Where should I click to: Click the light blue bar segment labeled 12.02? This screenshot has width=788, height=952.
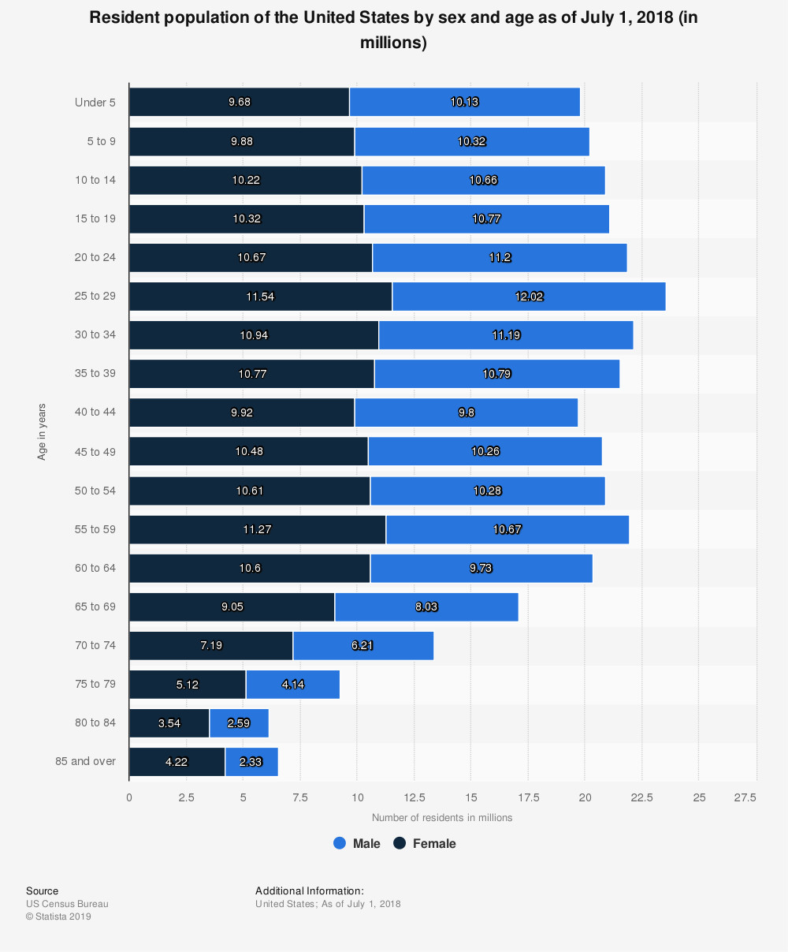[x=528, y=297]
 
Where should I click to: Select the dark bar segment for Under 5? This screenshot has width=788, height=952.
[x=239, y=102]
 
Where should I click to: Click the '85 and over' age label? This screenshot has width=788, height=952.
[x=86, y=761]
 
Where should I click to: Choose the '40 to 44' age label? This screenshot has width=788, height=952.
[x=95, y=412]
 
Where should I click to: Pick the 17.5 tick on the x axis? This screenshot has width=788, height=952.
[x=527, y=797]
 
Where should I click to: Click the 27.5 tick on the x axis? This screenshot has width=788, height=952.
[x=745, y=797]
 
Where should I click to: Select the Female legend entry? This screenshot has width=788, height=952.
[x=426, y=843]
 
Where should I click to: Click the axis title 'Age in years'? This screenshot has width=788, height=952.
[x=42, y=431]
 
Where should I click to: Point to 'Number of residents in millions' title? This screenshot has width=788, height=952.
[x=442, y=818]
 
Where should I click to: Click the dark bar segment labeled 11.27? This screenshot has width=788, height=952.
[x=257, y=529]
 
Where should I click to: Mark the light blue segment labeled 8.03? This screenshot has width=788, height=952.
[x=426, y=607]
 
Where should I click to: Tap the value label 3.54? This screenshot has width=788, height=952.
[x=169, y=723]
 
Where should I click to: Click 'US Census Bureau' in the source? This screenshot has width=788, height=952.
[x=67, y=904]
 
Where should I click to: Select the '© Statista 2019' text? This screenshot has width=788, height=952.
[x=58, y=917]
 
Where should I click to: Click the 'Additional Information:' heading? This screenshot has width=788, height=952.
[x=310, y=890]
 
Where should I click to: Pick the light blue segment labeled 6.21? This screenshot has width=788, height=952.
[x=362, y=645]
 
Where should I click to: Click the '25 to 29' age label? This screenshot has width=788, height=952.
[x=95, y=296]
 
